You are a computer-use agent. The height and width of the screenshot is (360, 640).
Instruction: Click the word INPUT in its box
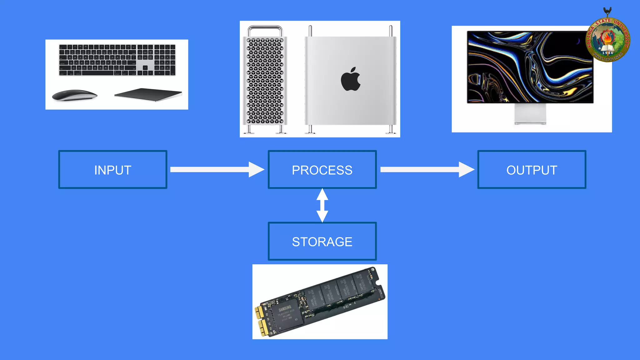pos(112,170)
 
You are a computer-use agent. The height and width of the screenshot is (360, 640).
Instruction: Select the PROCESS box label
pos(322,170)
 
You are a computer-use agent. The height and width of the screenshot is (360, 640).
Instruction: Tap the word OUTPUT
pos(532,170)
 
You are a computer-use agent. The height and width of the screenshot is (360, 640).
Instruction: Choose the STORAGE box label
pos(322,242)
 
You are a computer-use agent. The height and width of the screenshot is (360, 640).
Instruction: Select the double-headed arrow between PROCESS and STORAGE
pos(322,205)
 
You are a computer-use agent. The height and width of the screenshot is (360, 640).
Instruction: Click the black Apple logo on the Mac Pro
pos(350,79)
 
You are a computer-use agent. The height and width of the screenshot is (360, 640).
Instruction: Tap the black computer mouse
pos(75,95)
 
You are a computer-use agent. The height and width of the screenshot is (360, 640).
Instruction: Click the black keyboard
pos(117,60)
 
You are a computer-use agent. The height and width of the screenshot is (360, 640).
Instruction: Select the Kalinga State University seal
pos(607,39)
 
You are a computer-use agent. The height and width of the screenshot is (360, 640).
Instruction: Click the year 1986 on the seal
pos(607,53)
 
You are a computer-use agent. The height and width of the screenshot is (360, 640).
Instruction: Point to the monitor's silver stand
pos(530,114)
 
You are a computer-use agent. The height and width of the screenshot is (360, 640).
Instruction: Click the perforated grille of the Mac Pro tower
pos(265,81)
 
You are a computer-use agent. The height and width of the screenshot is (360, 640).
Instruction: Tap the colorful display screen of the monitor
pos(530,67)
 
